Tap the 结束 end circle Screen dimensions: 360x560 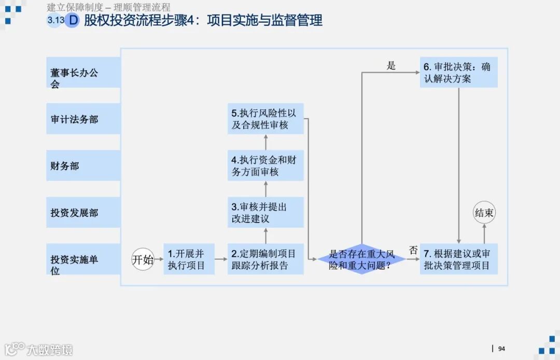pyautogui.click(x=484, y=213)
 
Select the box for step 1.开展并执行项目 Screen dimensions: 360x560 pyautogui.click(x=189, y=259)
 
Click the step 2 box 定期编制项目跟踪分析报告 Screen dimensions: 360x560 pyautogui.click(x=265, y=259)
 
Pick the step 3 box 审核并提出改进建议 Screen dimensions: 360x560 pyautogui.click(x=265, y=212)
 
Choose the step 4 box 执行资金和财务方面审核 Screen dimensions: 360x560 pyautogui.click(x=265, y=165)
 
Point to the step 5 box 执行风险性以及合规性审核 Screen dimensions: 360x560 pyautogui.click(x=265, y=119)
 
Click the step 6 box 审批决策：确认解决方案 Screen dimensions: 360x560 pyautogui.click(x=458, y=73)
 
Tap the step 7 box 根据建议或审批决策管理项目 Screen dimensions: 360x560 pyautogui.click(x=458, y=259)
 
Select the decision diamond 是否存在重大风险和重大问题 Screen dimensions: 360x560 pyautogui.click(x=361, y=259)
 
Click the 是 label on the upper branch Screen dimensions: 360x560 pyautogui.click(x=391, y=65)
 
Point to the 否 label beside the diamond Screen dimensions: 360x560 pyautogui.click(x=413, y=250)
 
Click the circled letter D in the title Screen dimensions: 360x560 pyautogui.click(x=73, y=20)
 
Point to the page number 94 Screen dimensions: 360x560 pyautogui.click(x=501, y=349)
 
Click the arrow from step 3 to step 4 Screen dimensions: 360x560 pyautogui.click(x=265, y=189)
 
